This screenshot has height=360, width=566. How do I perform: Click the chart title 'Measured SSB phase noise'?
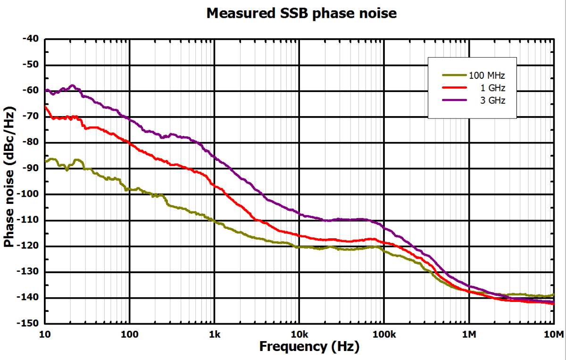click(x=301, y=13)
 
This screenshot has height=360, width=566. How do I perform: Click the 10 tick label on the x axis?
click(x=45, y=335)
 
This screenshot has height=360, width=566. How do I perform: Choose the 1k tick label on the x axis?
click(x=215, y=335)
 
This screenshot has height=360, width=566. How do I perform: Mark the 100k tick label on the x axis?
click(x=383, y=335)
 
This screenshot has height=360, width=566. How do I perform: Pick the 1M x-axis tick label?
click(x=469, y=335)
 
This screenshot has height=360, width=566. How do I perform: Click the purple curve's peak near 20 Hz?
click(x=73, y=85)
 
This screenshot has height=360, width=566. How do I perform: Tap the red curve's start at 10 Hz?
click(x=46, y=107)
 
